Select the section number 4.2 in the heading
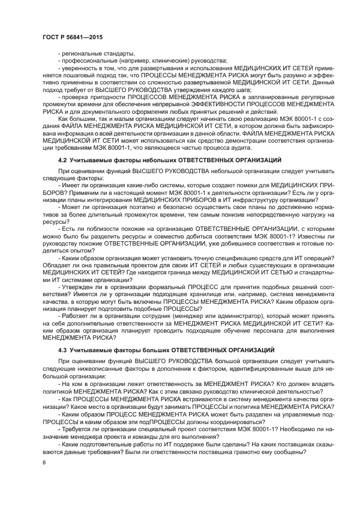pyautogui.click(x=63, y=160)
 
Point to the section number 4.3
pyautogui.click(x=63, y=349)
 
